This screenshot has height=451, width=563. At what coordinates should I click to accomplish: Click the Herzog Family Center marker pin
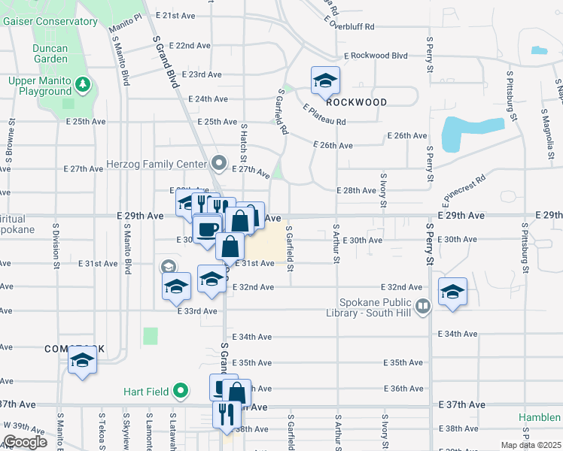(x=219, y=163)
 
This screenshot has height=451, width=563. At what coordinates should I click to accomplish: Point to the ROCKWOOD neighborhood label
(x=357, y=102)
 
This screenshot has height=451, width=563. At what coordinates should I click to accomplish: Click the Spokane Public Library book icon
(x=423, y=306)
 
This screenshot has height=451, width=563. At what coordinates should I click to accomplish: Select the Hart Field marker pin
(x=180, y=391)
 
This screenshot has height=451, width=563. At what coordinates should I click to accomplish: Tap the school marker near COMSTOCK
(x=82, y=361)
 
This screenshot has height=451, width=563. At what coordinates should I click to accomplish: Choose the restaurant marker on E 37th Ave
(x=224, y=413)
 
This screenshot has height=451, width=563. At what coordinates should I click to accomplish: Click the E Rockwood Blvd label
(x=376, y=56)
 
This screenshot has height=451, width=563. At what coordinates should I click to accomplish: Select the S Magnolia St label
(x=543, y=128)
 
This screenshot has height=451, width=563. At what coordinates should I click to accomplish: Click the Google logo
(x=25, y=441)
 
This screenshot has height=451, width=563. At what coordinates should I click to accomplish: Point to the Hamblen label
(x=540, y=418)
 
